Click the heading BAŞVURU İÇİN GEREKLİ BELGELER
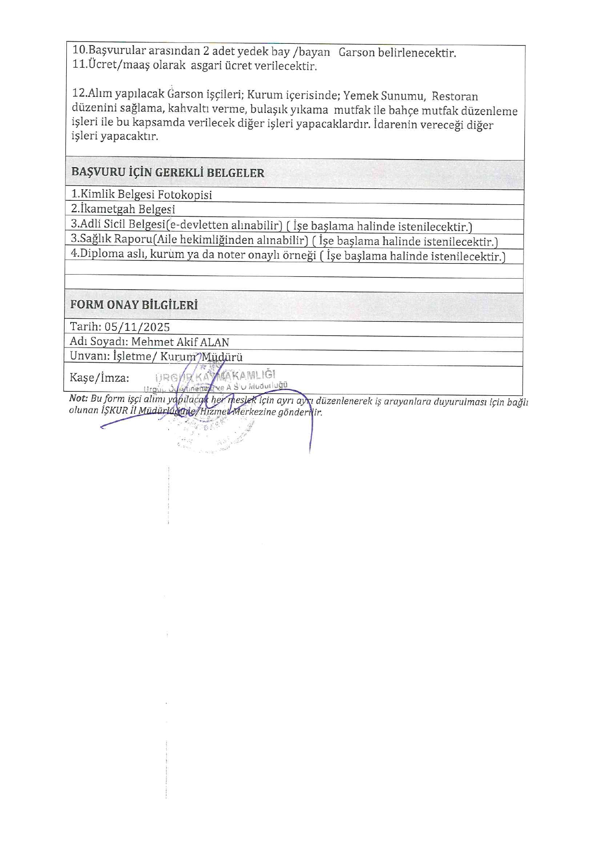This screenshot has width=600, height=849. point(168,172)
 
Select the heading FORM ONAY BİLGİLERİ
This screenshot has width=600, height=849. point(134,305)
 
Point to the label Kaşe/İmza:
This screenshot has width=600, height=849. point(99,378)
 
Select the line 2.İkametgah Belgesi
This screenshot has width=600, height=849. point(123,209)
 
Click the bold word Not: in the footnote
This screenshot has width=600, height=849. point(78,398)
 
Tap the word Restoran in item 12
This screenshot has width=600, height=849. point(455,96)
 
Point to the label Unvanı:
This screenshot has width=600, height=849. point(90,356)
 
